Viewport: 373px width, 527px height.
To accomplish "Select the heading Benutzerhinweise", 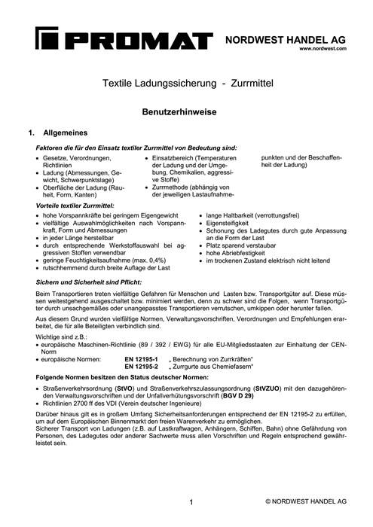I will pyautogui.click(x=186, y=111).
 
